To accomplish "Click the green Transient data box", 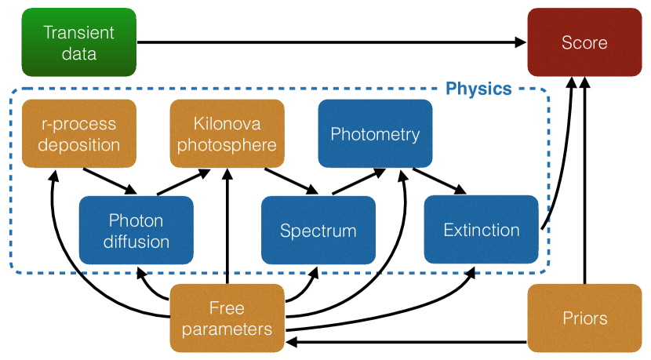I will pos(78,42).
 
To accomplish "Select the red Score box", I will pos(584,42).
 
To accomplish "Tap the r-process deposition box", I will pos(78,134).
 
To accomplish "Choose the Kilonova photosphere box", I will pos(227,134).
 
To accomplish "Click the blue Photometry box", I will pos(375,134).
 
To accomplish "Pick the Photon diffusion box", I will pos(136,230).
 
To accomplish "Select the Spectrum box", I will pos(318,231).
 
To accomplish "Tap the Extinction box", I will pos(481,230).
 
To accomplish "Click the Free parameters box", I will pos(227,318).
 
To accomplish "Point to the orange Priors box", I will pos(584,318).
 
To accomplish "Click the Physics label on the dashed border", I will pos(478,89).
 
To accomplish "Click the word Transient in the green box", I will pos(78,33).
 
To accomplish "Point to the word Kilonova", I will pos(227,124).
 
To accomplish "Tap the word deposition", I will pos(78,144).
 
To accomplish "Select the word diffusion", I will pos(136,241).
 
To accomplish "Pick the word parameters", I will pos(227,329).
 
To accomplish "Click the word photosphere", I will pos(227,145).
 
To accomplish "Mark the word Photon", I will pos(136,220).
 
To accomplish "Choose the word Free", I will pos(227,307).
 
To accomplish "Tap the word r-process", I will pos(78,124).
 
